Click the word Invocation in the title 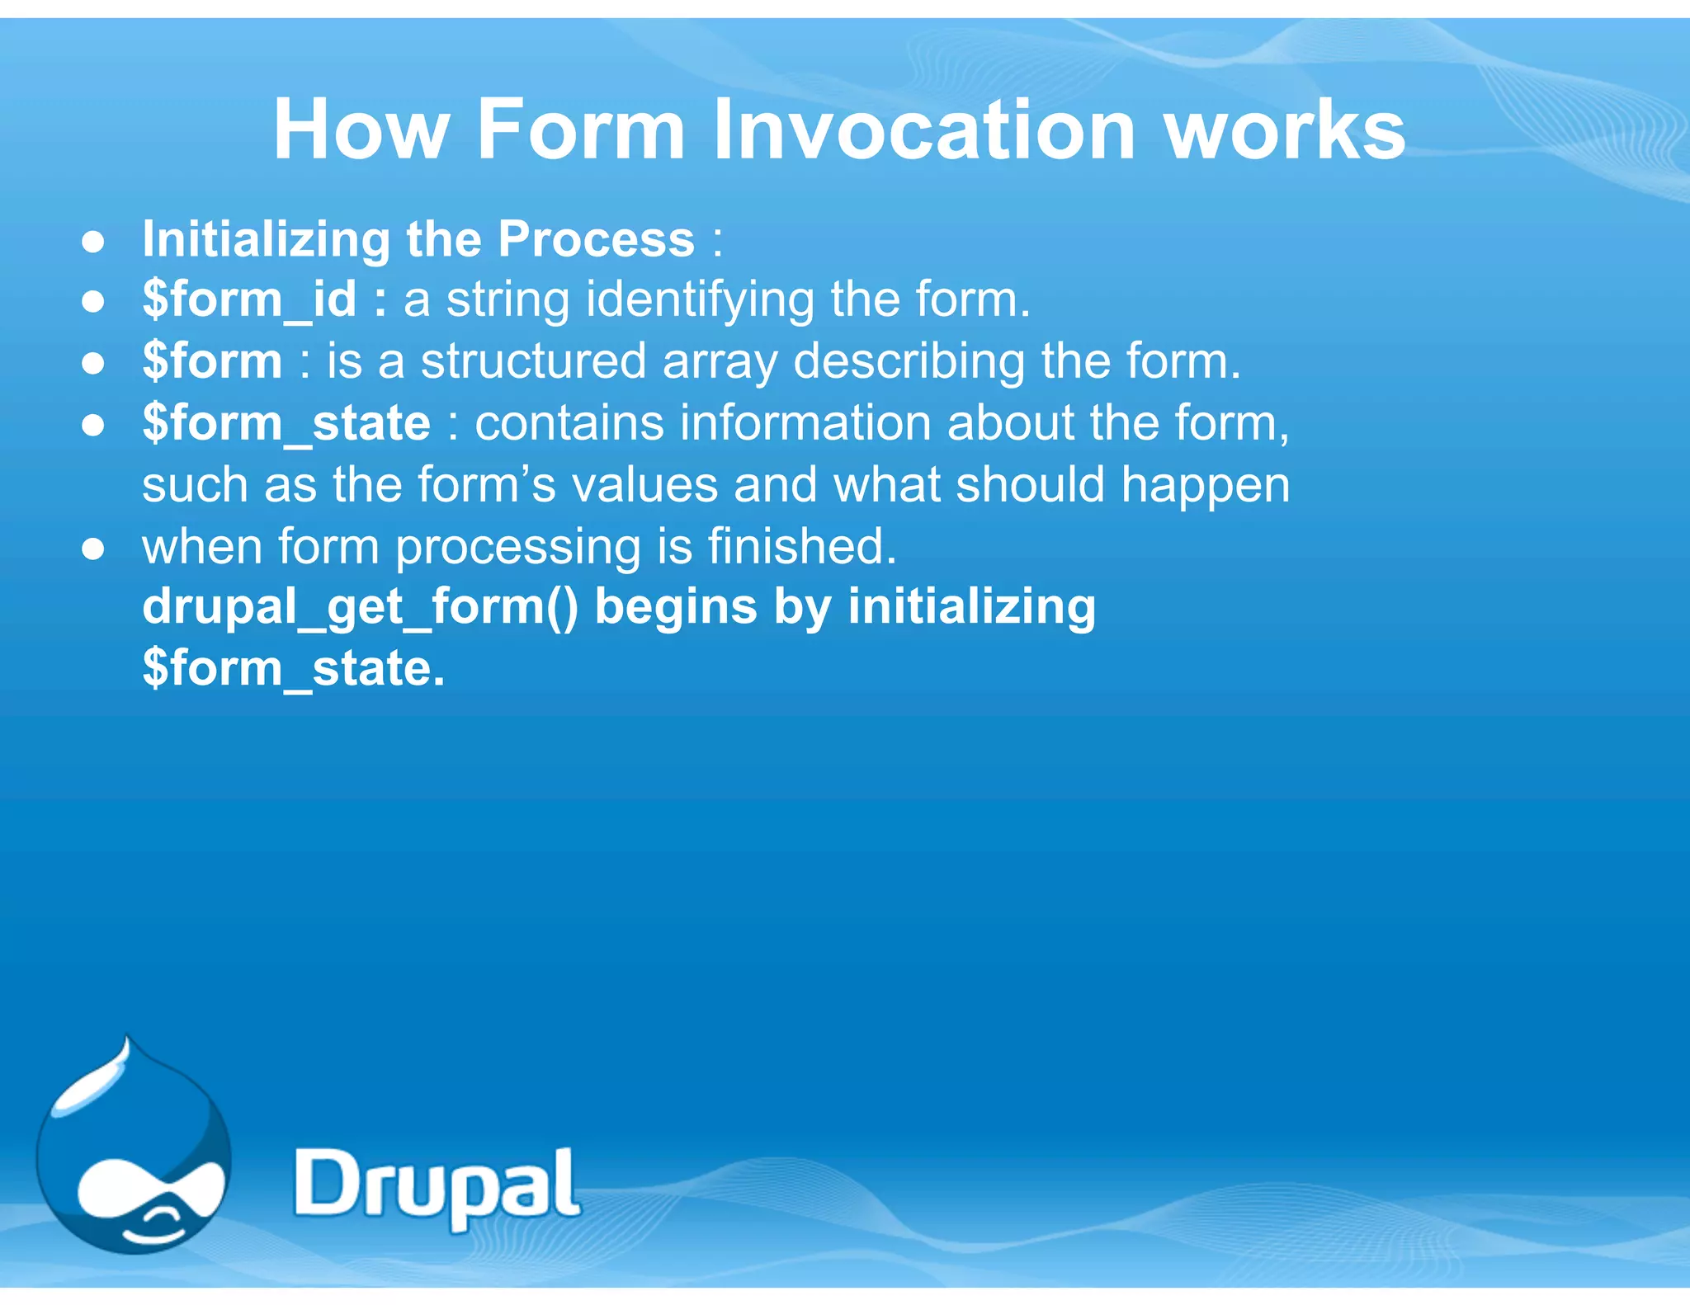coord(924,130)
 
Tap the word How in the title coord(361,130)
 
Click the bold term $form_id coord(249,299)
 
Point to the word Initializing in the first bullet coord(265,240)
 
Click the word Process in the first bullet coord(596,240)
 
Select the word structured coord(533,361)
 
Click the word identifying coord(700,301)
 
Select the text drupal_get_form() coord(360,608)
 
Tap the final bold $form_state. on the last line coord(293,668)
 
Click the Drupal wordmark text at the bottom coord(437,1186)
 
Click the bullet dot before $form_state coord(93,425)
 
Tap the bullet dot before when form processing coord(93,549)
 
